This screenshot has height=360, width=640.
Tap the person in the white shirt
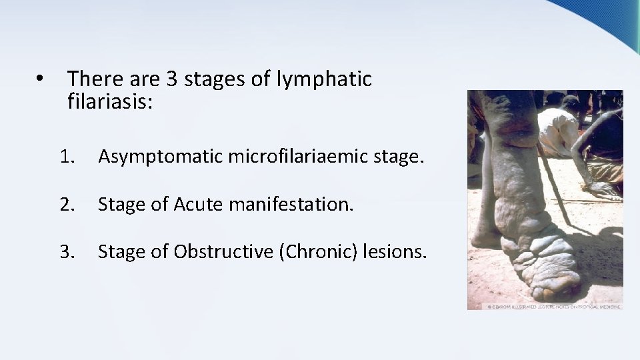click(560, 130)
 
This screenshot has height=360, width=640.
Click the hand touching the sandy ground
click(603, 190)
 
